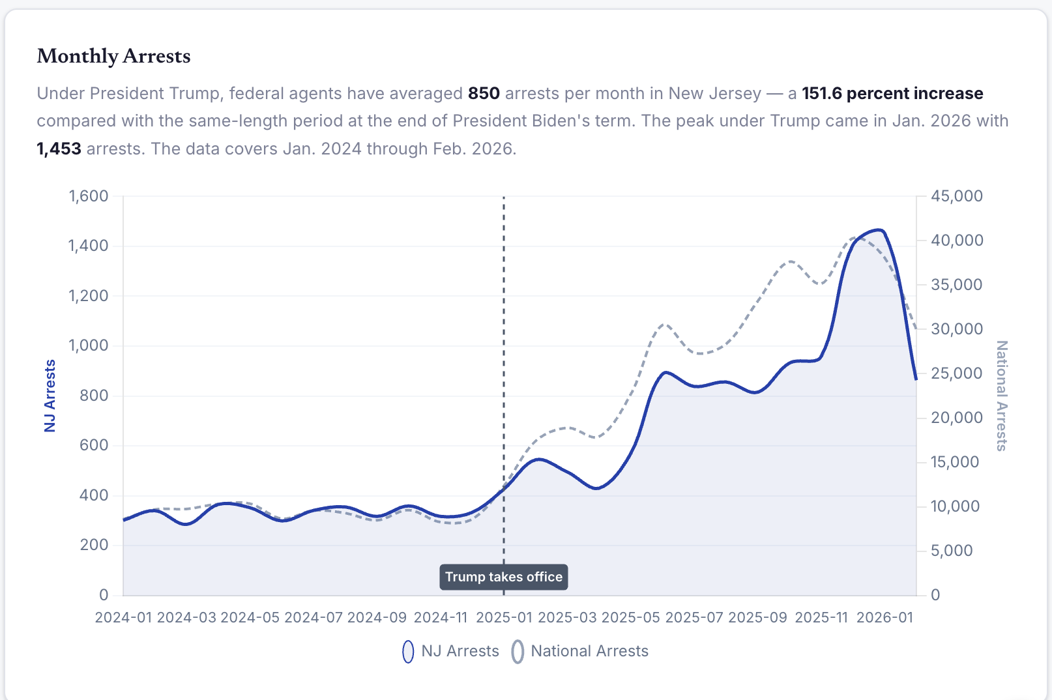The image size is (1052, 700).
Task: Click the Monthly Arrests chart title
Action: pyautogui.click(x=113, y=56)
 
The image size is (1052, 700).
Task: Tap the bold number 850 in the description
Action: pyautogui.click(x=484, y=93)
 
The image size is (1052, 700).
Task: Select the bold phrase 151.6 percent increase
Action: pyautogui.click(x=892, y=93)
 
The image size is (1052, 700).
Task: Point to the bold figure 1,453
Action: pyautogui.click(x=59, y=149)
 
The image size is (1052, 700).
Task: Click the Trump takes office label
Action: pyautogui.click(x=503, y=577)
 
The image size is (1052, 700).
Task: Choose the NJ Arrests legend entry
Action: pyautogui.click(x=451, y=651)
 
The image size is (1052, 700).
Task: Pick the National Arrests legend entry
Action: pyautogui.click(x=580, y=651)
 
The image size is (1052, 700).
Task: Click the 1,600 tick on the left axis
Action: pyautogui.click(x=89, y=196)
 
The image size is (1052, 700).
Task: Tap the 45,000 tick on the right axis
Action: pyautogui.click(x=957, y=196)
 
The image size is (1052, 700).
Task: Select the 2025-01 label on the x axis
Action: pyautogui.click(x=504, y=617)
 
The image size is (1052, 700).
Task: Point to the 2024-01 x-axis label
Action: pyautogui.click(x=124, y=617)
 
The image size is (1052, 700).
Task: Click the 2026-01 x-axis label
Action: pyautogui.click(x=884, y=617)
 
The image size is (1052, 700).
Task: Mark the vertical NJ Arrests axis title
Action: pyautogui.click(x=50, y=396)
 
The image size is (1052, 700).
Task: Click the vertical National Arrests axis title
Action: pyautogui.click(x=1001, y=396)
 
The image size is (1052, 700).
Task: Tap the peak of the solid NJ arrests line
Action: pyautogui.click(x=879, y=230)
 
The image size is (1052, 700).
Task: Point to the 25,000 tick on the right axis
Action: pyautogui.click(x=957, y=373)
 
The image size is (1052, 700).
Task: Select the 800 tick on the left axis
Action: pyautogui.click(x=94, y=396)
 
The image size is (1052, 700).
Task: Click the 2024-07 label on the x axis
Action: pyautogui.click(x=314, y=617)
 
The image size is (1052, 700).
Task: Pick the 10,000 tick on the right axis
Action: pyautogui.click(x=956, y=506)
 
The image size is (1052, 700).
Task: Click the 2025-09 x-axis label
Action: pyautogui.click(x=757, y=617)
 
